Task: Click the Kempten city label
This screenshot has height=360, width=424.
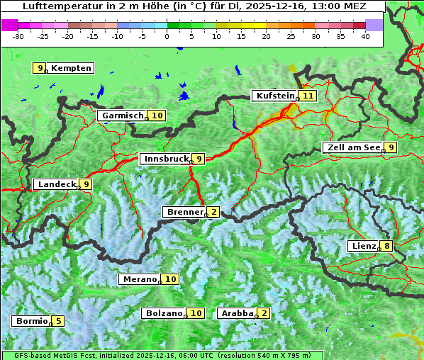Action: pyautogui.click(x=72, y=68)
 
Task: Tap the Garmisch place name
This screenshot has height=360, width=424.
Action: pyautogui.click(x=123, y=116)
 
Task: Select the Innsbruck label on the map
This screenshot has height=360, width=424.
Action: pyautogui.click(x=166, y=159)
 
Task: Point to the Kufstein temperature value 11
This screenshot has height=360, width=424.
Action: pyautogui.click(x=307, y=96)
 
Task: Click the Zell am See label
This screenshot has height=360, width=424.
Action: pyautogui.click(x=352, y=147)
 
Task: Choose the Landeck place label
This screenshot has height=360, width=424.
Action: pyautogui.click(x=57, y=184)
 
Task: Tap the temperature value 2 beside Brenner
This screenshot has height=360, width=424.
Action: pyautogui.click(x=213, y=212)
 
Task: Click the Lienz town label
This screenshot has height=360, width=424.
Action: pyautogui.click(x=363, y=246)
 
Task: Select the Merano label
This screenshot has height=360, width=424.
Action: pyautogui.click(x=139, y=279)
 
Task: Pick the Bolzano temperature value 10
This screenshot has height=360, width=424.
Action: pyautogui.click(x=196, y=313)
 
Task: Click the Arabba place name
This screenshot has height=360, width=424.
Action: pyautogui.click(x=237, y=313)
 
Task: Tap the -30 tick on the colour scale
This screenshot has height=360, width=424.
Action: pyautogui.click(x=18, y=36)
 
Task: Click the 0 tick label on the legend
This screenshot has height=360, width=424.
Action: pyautogui.click(x=167, y=36)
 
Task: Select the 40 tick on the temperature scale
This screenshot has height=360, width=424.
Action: pyautogui.click(x=365, y=36)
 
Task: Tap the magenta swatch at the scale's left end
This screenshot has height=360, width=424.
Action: pyautogui.click(x=10, y=25)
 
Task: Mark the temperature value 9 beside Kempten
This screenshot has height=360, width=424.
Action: pyautogui.click(x=40, y=68)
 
